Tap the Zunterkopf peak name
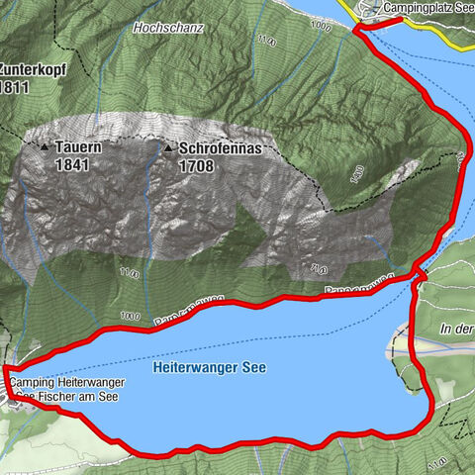[x=25, y=70]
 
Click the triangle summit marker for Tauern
[x=45, y=146]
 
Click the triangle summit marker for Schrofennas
[x=168, y=147]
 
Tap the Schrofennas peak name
[x=221, y=147]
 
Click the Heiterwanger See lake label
[x=210, y=366]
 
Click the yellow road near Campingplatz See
[x=351, y=8]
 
